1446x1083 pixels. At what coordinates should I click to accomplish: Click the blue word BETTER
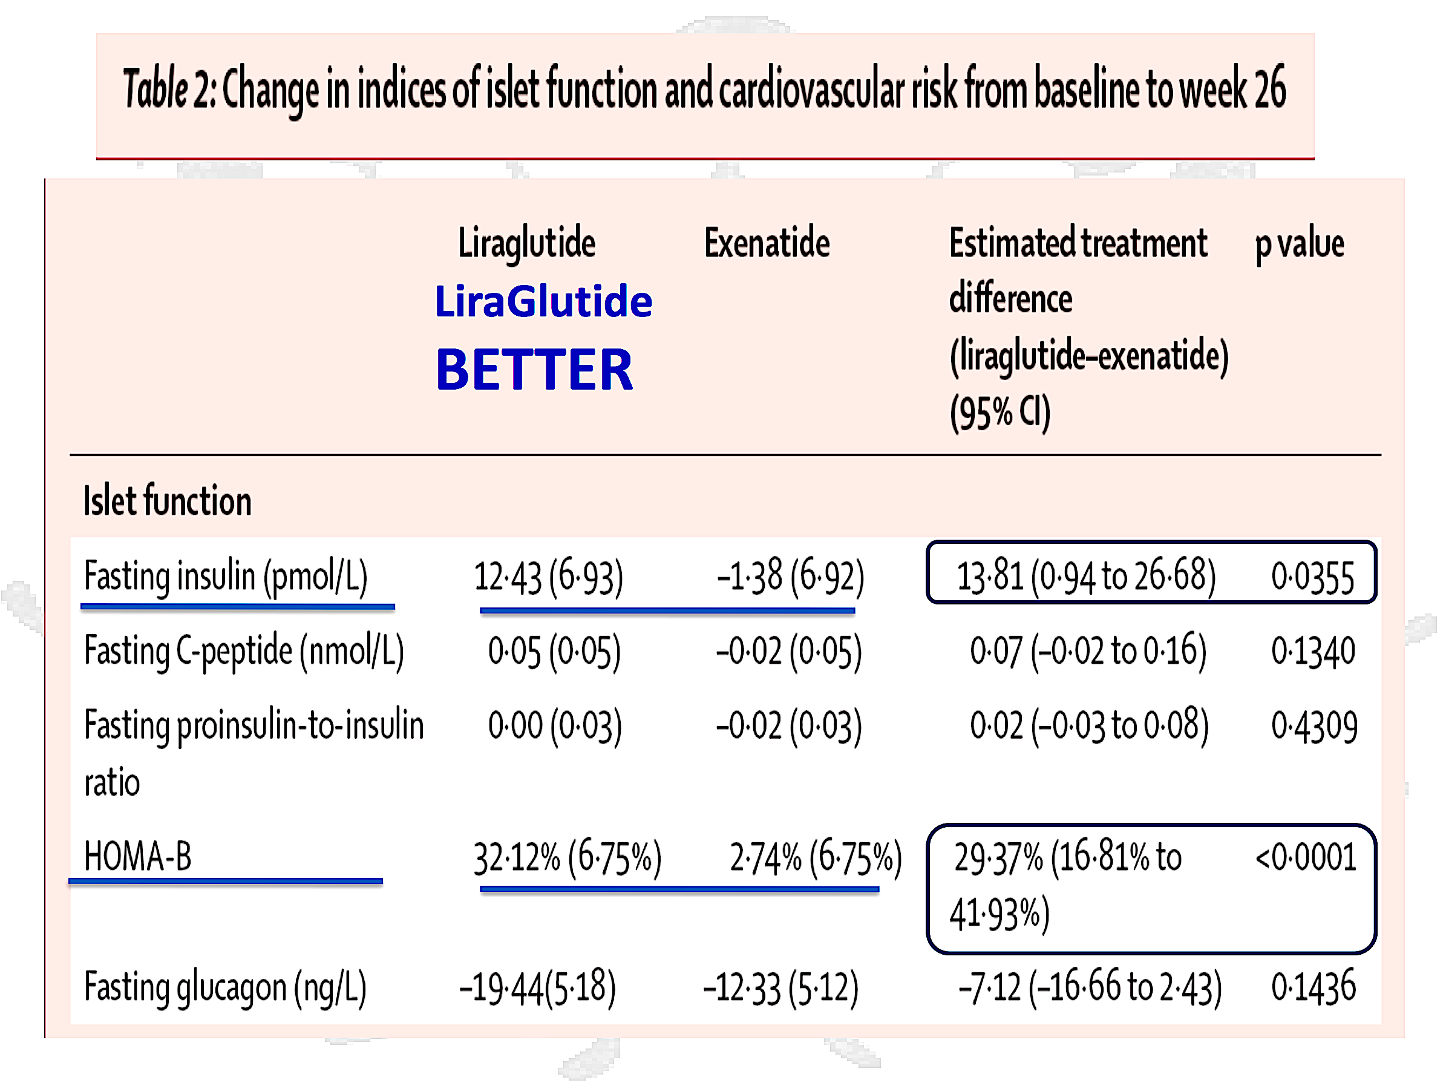[534, 370]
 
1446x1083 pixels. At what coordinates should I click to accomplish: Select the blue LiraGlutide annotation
[543, 302]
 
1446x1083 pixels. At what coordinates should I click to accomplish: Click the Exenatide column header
[766, 243]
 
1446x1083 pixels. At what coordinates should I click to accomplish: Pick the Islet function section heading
[168, 502]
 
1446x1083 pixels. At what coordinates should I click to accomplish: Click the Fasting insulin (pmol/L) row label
[226, 577]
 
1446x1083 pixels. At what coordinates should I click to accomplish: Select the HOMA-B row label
[138, 856]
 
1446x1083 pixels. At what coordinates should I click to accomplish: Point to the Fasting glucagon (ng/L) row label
[225, 987]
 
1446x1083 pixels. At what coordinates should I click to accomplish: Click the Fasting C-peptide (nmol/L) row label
[244, 652]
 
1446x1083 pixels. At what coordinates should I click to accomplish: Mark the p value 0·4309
[1314, 726]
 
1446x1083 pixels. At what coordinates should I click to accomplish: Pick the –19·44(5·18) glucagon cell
[537, 987]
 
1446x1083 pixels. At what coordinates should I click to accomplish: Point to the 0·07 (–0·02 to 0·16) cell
[1088, 652]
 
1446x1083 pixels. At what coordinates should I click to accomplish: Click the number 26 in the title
[1269, 88]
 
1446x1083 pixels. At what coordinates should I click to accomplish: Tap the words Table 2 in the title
[168, 88]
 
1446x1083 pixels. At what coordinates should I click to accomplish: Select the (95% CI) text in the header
[999, 413]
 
